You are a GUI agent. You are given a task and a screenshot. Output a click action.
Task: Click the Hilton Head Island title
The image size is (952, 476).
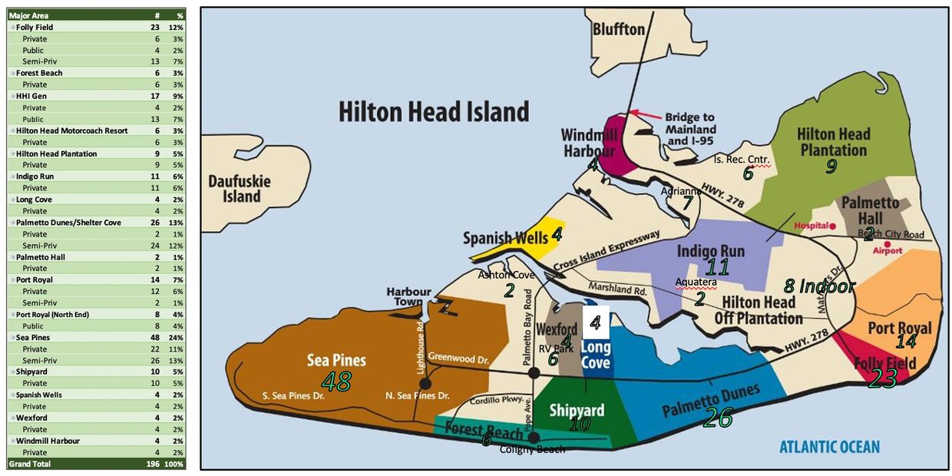click(434, 112)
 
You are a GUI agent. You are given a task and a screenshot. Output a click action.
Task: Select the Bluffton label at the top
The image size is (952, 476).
click(618, 29)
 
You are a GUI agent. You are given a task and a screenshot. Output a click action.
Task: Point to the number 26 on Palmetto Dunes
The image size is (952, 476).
click(718, 418)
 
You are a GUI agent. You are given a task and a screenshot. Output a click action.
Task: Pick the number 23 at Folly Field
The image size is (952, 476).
click(882, 378)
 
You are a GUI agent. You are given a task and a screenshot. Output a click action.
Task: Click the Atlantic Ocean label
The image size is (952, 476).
click(829, 447)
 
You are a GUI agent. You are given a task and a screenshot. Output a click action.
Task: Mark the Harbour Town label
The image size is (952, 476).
click(408, 297)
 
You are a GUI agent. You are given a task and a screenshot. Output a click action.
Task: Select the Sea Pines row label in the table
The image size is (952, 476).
click(37, 338)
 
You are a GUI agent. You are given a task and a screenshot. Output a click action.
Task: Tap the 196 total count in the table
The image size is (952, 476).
click(153, 464)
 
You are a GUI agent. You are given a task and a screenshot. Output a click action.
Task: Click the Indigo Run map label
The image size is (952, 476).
click(710, 251)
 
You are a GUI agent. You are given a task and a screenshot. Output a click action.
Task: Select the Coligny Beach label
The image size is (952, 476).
click(532, 449)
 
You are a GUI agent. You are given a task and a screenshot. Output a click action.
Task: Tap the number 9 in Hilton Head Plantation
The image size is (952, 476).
click(830, 167)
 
